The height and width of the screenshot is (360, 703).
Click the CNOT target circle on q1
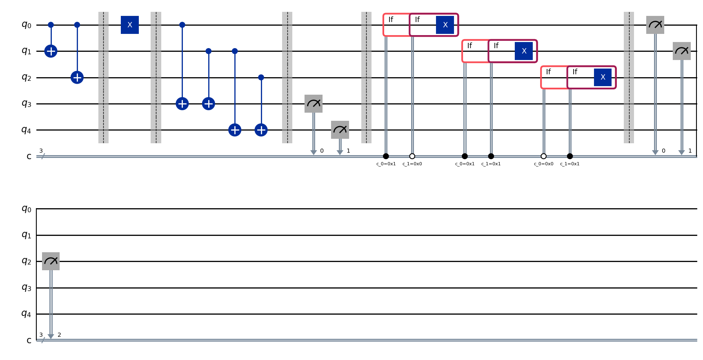pos(51,51)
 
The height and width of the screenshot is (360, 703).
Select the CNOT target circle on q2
pos(77,77)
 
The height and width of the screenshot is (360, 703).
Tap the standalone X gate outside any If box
pos(130,25)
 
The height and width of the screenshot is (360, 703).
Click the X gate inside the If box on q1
pos(524,51)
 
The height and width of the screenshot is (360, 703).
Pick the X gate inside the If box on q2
pos(603,77)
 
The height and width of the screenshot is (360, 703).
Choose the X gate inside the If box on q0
pos(445,25)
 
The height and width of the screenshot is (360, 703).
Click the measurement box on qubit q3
pos(314,104)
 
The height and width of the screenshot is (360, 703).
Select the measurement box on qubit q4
pos(340,130)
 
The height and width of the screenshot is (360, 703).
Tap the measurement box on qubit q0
pos(655,25)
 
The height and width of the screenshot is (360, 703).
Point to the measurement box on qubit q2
pos(51,261)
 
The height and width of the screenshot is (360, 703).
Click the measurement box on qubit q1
pos(681,51)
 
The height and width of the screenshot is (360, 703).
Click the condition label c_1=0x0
pos(412,164)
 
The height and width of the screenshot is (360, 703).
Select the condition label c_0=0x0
pos(543,164)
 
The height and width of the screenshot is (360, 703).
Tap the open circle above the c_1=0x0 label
pos(412,156)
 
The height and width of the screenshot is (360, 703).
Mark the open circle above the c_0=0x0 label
pos(543,156)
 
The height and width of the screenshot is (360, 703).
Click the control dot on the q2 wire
pos(261,77)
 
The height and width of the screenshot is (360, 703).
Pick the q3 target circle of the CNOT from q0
pos(182,104)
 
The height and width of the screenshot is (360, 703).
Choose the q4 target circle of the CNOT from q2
pos(261,130)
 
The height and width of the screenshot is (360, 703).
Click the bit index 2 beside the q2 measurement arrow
pos(59,335)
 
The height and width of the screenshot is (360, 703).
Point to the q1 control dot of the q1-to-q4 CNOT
pos(235,51)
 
